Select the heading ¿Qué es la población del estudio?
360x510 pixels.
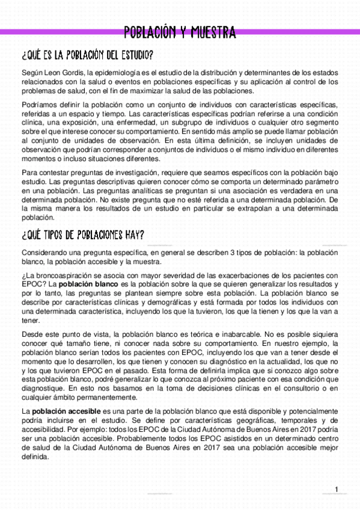[87, 56]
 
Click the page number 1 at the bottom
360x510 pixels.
[337, 488]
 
